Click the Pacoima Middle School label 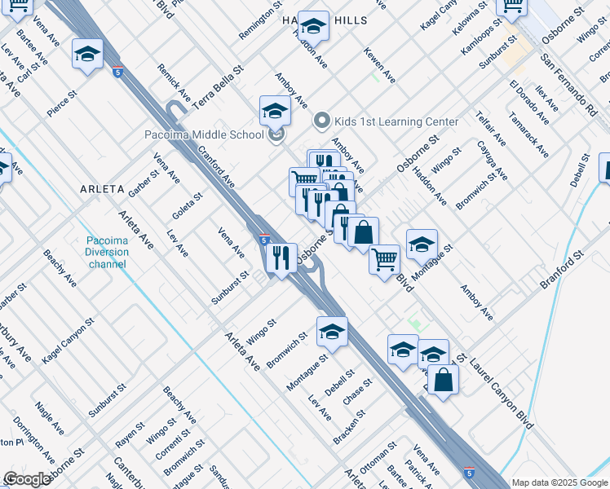[203, 134]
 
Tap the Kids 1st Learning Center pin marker [321, 121]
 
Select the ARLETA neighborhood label [102, 189]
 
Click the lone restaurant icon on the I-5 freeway [281, 258]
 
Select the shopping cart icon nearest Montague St [384, 260]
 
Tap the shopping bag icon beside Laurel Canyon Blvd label [443, 380]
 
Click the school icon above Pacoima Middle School [276, 111]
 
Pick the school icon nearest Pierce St [87, 55]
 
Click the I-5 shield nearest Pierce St [117, 72]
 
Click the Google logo [27, 479]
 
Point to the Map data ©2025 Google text [559, 482]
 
